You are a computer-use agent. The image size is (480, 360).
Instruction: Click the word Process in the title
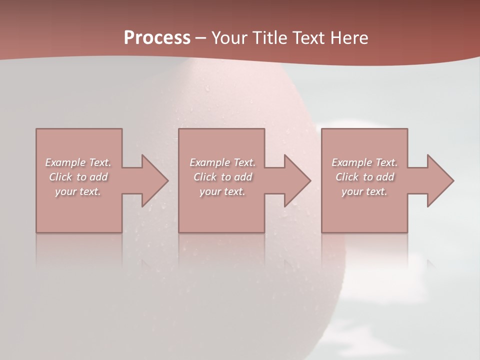(157, 38)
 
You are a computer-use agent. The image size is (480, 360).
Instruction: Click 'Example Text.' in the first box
(78, 162)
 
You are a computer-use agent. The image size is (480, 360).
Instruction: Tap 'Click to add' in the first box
(78, 177)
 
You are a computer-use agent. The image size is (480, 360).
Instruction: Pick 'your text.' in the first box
(78, 191)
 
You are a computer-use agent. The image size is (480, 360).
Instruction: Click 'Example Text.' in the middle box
(222, 162)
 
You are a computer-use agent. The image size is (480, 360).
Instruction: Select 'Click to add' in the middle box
(222, 177)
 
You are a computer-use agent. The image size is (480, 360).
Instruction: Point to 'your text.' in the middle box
(222, 191)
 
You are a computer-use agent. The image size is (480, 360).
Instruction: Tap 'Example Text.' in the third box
(364, 162)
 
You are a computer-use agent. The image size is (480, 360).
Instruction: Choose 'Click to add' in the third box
(364, 177)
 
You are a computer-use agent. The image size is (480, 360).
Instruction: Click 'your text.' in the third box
(364, 191)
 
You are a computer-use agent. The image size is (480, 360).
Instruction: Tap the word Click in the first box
(60, 177)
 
